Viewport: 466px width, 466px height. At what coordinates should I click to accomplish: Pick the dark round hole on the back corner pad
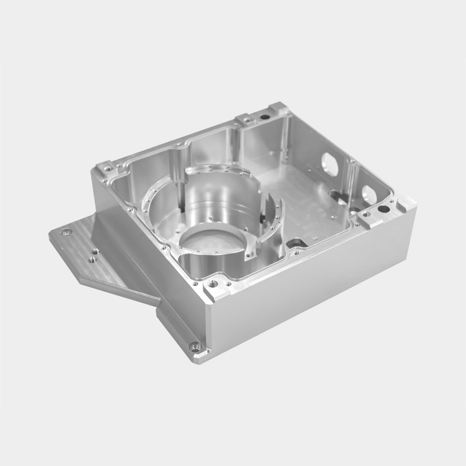[x=265, y=116]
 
